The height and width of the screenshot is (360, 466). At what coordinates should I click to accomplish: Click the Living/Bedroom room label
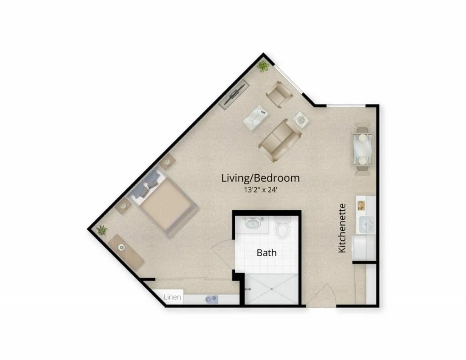260,178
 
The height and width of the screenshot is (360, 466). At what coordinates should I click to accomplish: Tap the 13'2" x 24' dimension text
260,190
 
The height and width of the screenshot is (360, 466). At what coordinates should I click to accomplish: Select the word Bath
267,253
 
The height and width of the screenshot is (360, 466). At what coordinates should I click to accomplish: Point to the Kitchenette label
342,228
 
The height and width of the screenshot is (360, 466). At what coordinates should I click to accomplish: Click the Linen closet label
172,297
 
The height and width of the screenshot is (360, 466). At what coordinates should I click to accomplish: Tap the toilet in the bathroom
282,228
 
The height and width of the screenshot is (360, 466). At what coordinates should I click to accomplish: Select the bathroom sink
253,223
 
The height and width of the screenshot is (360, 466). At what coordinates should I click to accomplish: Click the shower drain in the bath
272,289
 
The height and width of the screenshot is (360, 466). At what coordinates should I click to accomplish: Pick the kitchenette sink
367,224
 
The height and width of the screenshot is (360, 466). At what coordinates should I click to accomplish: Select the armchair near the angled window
279,93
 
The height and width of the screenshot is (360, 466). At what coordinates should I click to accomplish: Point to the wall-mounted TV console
234,94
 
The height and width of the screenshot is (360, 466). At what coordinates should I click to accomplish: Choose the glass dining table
362,149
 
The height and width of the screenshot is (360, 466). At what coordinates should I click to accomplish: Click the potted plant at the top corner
263,66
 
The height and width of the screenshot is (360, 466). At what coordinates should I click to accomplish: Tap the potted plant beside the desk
101,230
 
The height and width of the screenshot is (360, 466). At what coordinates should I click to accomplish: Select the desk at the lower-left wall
126,252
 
